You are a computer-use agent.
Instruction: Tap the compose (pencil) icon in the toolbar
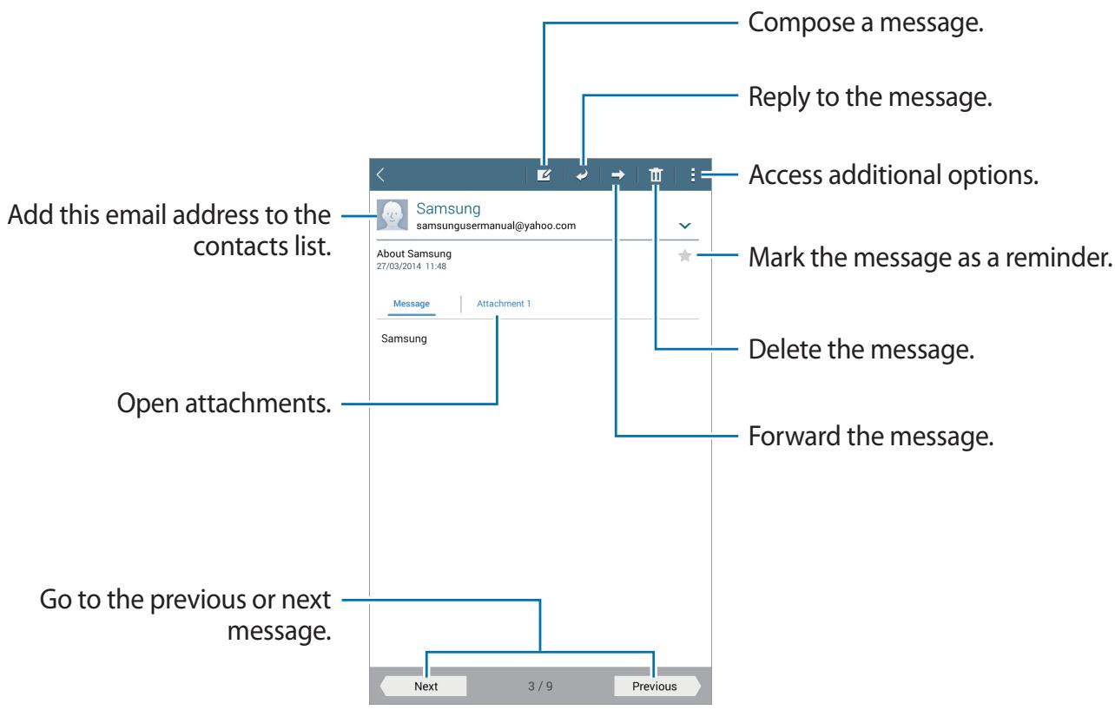544,175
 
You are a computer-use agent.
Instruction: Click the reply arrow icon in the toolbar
582,175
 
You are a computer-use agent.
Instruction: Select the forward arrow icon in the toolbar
617,175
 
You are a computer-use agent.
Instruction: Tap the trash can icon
656,175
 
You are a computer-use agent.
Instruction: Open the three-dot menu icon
693,175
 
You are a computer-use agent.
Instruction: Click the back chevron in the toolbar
381,175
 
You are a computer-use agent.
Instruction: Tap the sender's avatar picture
393,215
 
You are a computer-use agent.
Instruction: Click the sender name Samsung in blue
448,208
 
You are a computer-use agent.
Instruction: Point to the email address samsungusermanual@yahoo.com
496,226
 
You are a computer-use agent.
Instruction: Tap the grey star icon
685,256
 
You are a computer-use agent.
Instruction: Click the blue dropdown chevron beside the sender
685,226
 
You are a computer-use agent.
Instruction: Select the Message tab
411,304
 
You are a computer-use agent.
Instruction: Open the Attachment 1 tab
504,304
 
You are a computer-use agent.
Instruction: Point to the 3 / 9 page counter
540,687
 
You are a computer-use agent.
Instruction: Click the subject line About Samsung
413,253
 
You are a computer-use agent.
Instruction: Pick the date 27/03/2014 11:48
411,266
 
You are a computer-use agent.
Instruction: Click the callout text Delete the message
861,349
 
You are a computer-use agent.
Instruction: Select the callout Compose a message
866,23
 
